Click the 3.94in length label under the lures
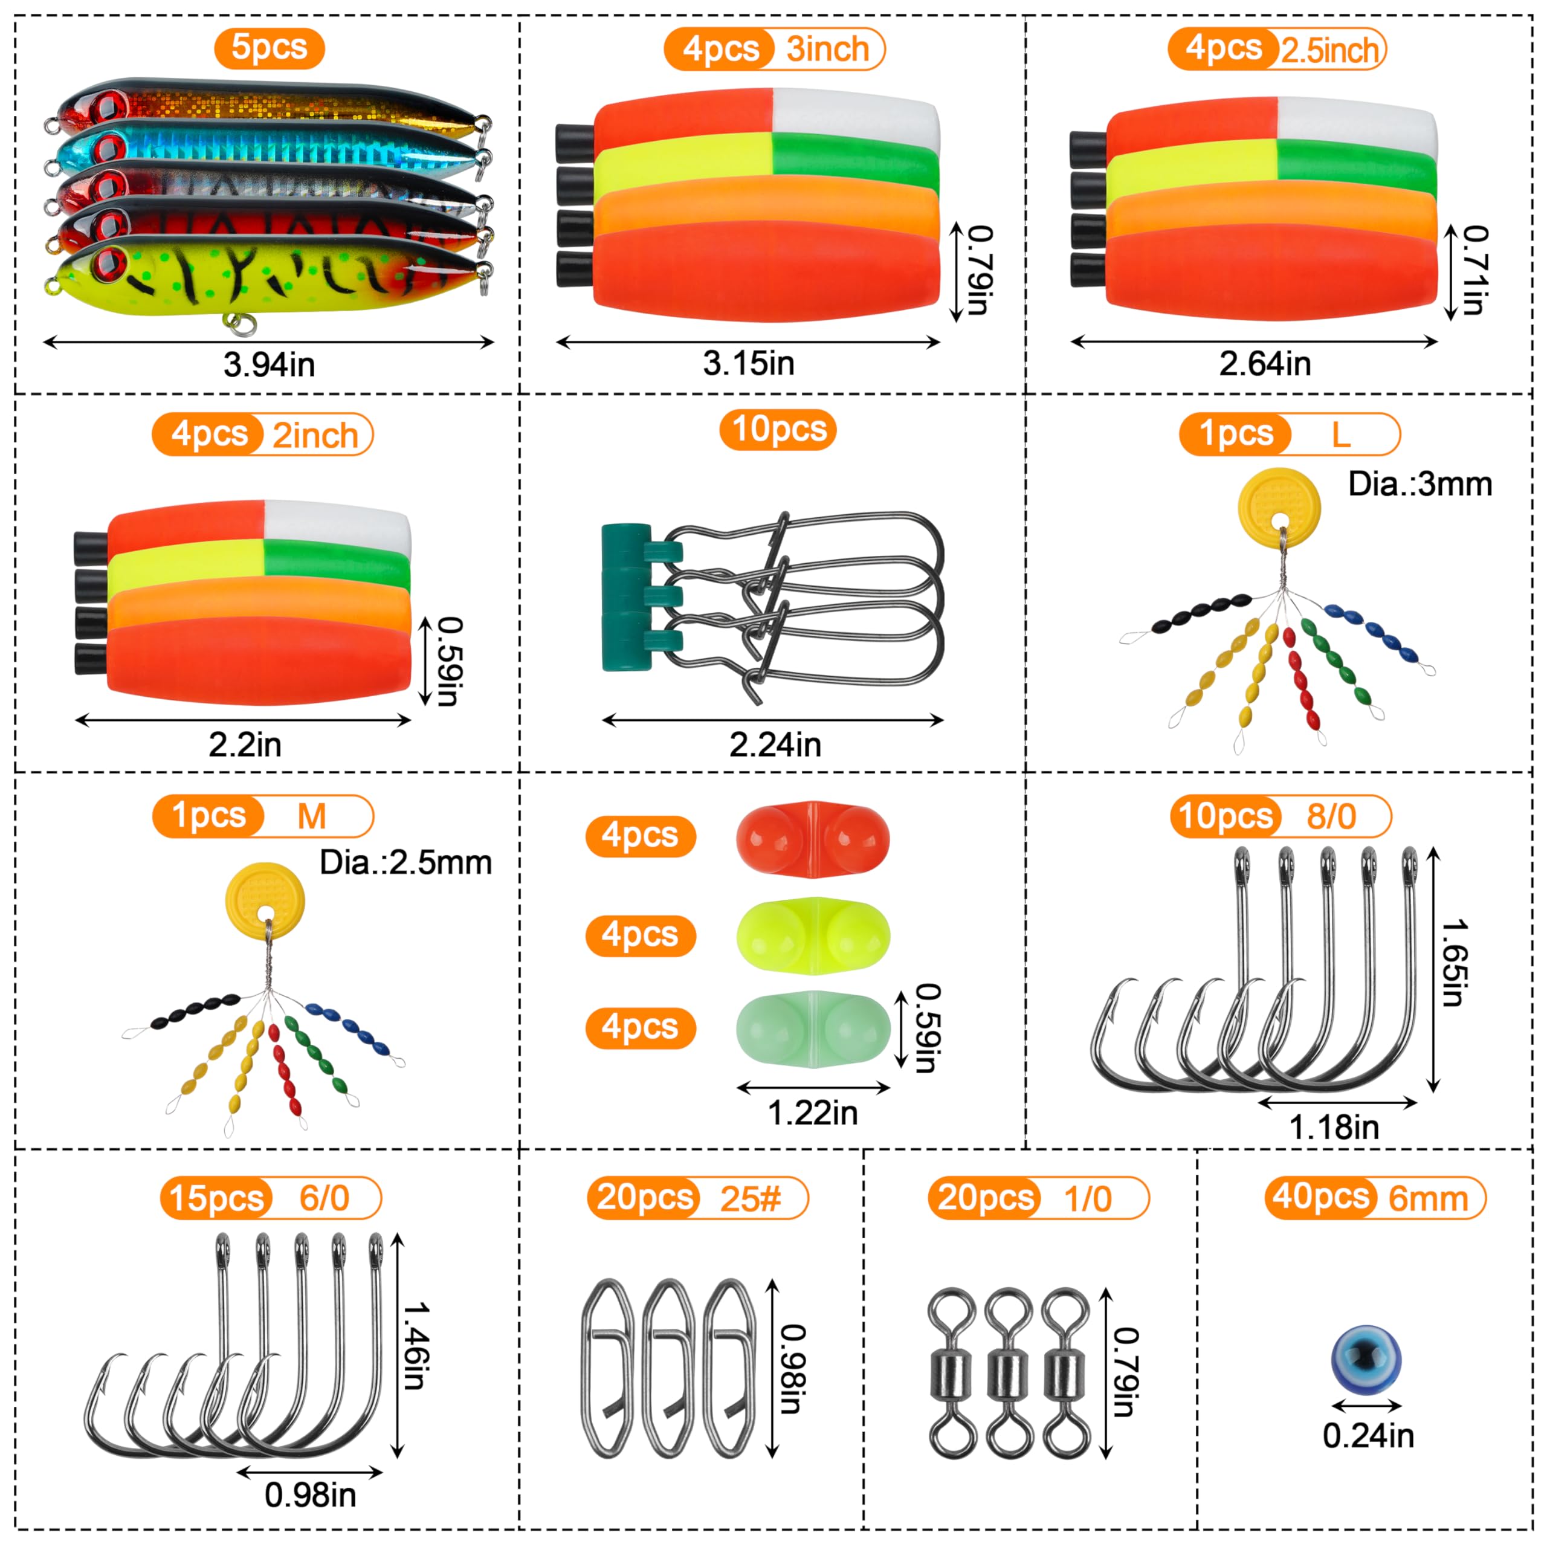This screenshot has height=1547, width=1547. pyautogui.click(x=269, y=365)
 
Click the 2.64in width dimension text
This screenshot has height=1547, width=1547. pyautogui.click(x=1265, y=364)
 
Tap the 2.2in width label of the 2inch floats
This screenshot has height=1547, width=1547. pyautogui.click(x=245, y=744)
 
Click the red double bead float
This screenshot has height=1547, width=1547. pyautogui.click(x=813, y=838)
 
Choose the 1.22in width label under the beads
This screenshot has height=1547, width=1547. pyautogui.click(x=813, y=1113)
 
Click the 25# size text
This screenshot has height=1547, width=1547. pyautogui.click(x=751, y=1199)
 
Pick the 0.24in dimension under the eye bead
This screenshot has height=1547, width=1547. pyautogui.click(x=1368, y=1436)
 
